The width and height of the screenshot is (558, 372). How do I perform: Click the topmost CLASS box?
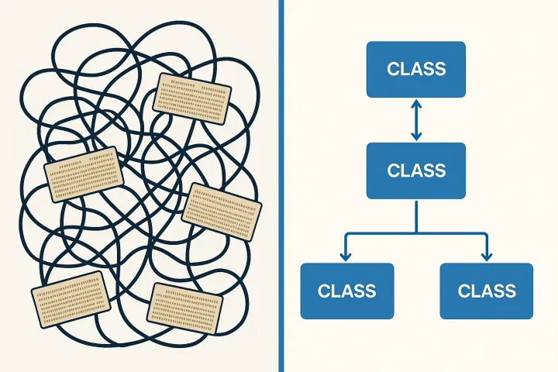coord(416,70)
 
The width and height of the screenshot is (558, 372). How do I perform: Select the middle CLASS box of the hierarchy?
coord(416,170)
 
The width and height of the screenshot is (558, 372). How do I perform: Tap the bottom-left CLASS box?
coord(347,291)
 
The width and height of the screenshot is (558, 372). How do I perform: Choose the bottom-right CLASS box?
coord(487,291)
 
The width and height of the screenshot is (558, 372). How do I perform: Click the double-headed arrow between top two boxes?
coord(416,120)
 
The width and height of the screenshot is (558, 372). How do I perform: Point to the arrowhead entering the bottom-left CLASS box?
coord(345,257)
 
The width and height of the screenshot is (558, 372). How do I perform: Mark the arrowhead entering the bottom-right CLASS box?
coord(487,257)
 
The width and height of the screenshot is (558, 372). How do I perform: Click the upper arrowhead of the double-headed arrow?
coord(416,103)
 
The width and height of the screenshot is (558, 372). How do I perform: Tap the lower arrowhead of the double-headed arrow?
coord(416,136)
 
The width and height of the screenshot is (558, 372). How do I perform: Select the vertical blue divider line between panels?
coord(281,186)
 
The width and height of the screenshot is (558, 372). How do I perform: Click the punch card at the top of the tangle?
coord(192,98)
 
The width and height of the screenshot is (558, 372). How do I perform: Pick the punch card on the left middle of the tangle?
coord(84,174)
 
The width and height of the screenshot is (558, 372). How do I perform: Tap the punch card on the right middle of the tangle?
coord(222,212)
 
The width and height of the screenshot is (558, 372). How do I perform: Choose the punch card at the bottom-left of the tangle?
coord(71,299)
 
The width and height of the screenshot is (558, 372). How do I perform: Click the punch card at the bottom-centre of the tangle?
coord(184,308)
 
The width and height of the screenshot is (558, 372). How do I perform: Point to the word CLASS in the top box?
coord(416,69)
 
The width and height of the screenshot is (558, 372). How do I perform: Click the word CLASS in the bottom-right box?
coord(487,291)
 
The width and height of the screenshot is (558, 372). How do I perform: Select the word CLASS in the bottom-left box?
coord(347,291)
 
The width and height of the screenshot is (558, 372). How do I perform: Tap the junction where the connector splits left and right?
coord(416,233)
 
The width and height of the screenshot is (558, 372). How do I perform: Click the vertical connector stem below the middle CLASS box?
coord(416,217)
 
